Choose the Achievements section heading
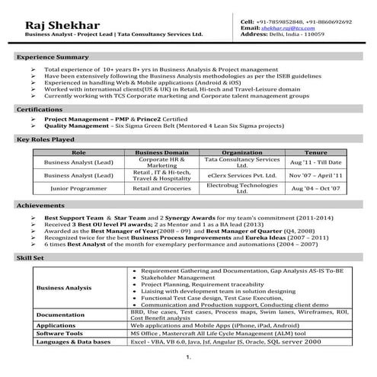[x=41, y=206]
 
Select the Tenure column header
[x=315, y=152]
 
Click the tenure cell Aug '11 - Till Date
[x=315, y=163]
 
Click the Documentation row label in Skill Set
[x=61, y=314]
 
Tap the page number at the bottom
[x=187, y=357]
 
